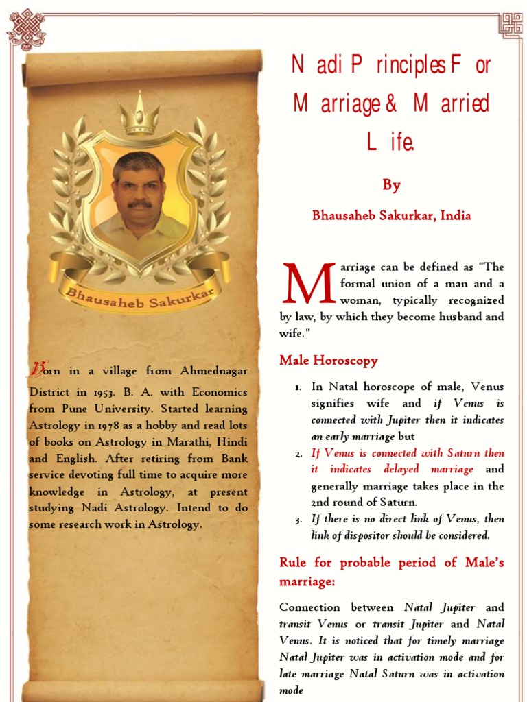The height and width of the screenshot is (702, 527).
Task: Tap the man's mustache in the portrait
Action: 140,204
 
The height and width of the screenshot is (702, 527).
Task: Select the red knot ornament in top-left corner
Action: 25,29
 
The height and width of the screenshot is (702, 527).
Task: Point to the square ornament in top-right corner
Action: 510,25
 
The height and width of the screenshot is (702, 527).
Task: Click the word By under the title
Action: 391,185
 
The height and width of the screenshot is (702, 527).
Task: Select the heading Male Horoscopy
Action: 328,360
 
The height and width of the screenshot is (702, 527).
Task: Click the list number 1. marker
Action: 298,388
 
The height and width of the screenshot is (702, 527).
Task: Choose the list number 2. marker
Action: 298,454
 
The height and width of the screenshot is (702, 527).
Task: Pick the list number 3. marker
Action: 298,520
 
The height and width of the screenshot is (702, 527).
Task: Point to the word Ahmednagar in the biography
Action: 213,371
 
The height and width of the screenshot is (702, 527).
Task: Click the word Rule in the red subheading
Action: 294,563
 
